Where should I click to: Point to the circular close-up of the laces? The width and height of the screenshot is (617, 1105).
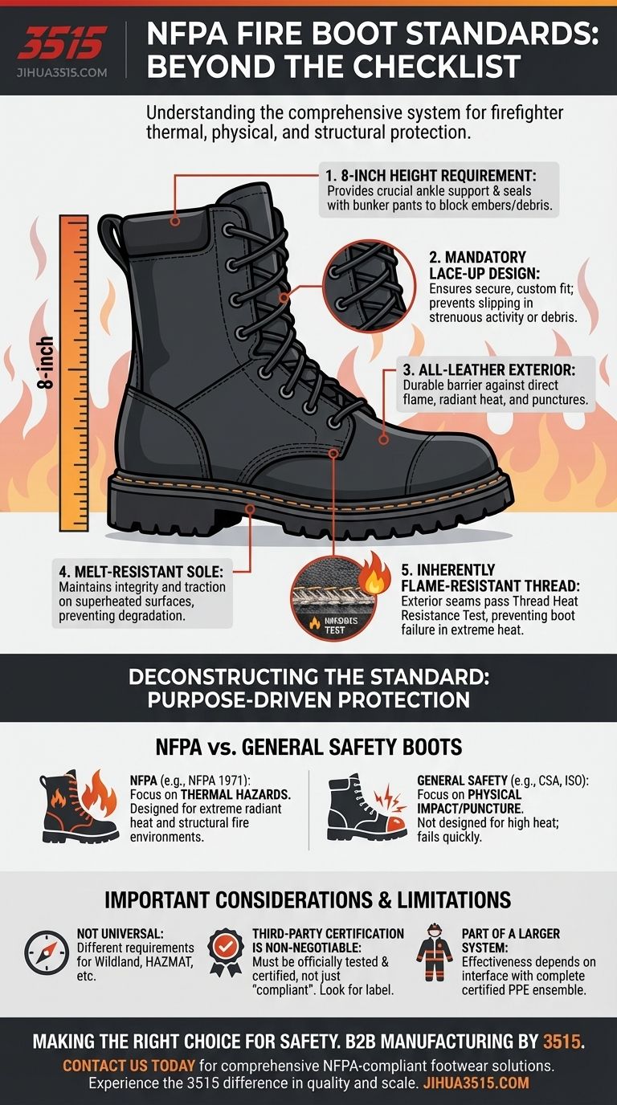click(364, 286)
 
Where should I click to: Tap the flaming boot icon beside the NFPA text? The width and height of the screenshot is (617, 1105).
click(80, 806)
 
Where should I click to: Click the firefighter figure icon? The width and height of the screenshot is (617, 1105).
click(435, 955)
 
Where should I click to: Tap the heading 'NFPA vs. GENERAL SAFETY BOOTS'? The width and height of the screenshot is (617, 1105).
click(308, 747)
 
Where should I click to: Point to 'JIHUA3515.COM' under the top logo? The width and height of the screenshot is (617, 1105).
click(61, 71)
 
